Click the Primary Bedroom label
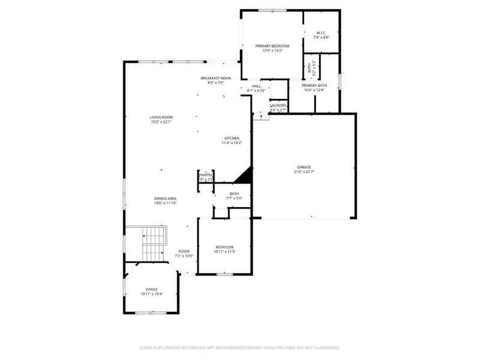point(272,46)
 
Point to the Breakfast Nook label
point(215,78)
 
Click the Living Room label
point(161,117)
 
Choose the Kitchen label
point(232,138)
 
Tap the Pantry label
point(206,175)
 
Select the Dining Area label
point(165,199)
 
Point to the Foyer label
point(184,251)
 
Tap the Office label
point(151,289)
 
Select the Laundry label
point(278,105)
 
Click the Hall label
point(256,86)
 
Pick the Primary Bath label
point(314,86)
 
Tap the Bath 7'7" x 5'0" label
point(233,194)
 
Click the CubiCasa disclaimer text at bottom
point(239,347)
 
